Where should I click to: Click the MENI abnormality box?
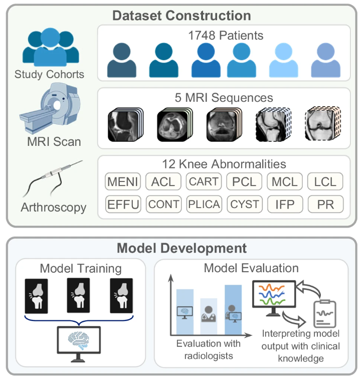click(123, 181)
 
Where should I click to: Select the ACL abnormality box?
click(163, 181)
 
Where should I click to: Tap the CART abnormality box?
click(204, 181)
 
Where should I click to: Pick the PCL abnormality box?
click(244, 181)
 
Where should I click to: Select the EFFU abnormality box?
click(123, 204)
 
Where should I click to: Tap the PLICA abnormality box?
click(204, 204)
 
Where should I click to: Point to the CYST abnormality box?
click(244, 204)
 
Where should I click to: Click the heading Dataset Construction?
click(181, 15)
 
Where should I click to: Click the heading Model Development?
click(181, 248)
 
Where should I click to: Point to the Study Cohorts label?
click(49, 75)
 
